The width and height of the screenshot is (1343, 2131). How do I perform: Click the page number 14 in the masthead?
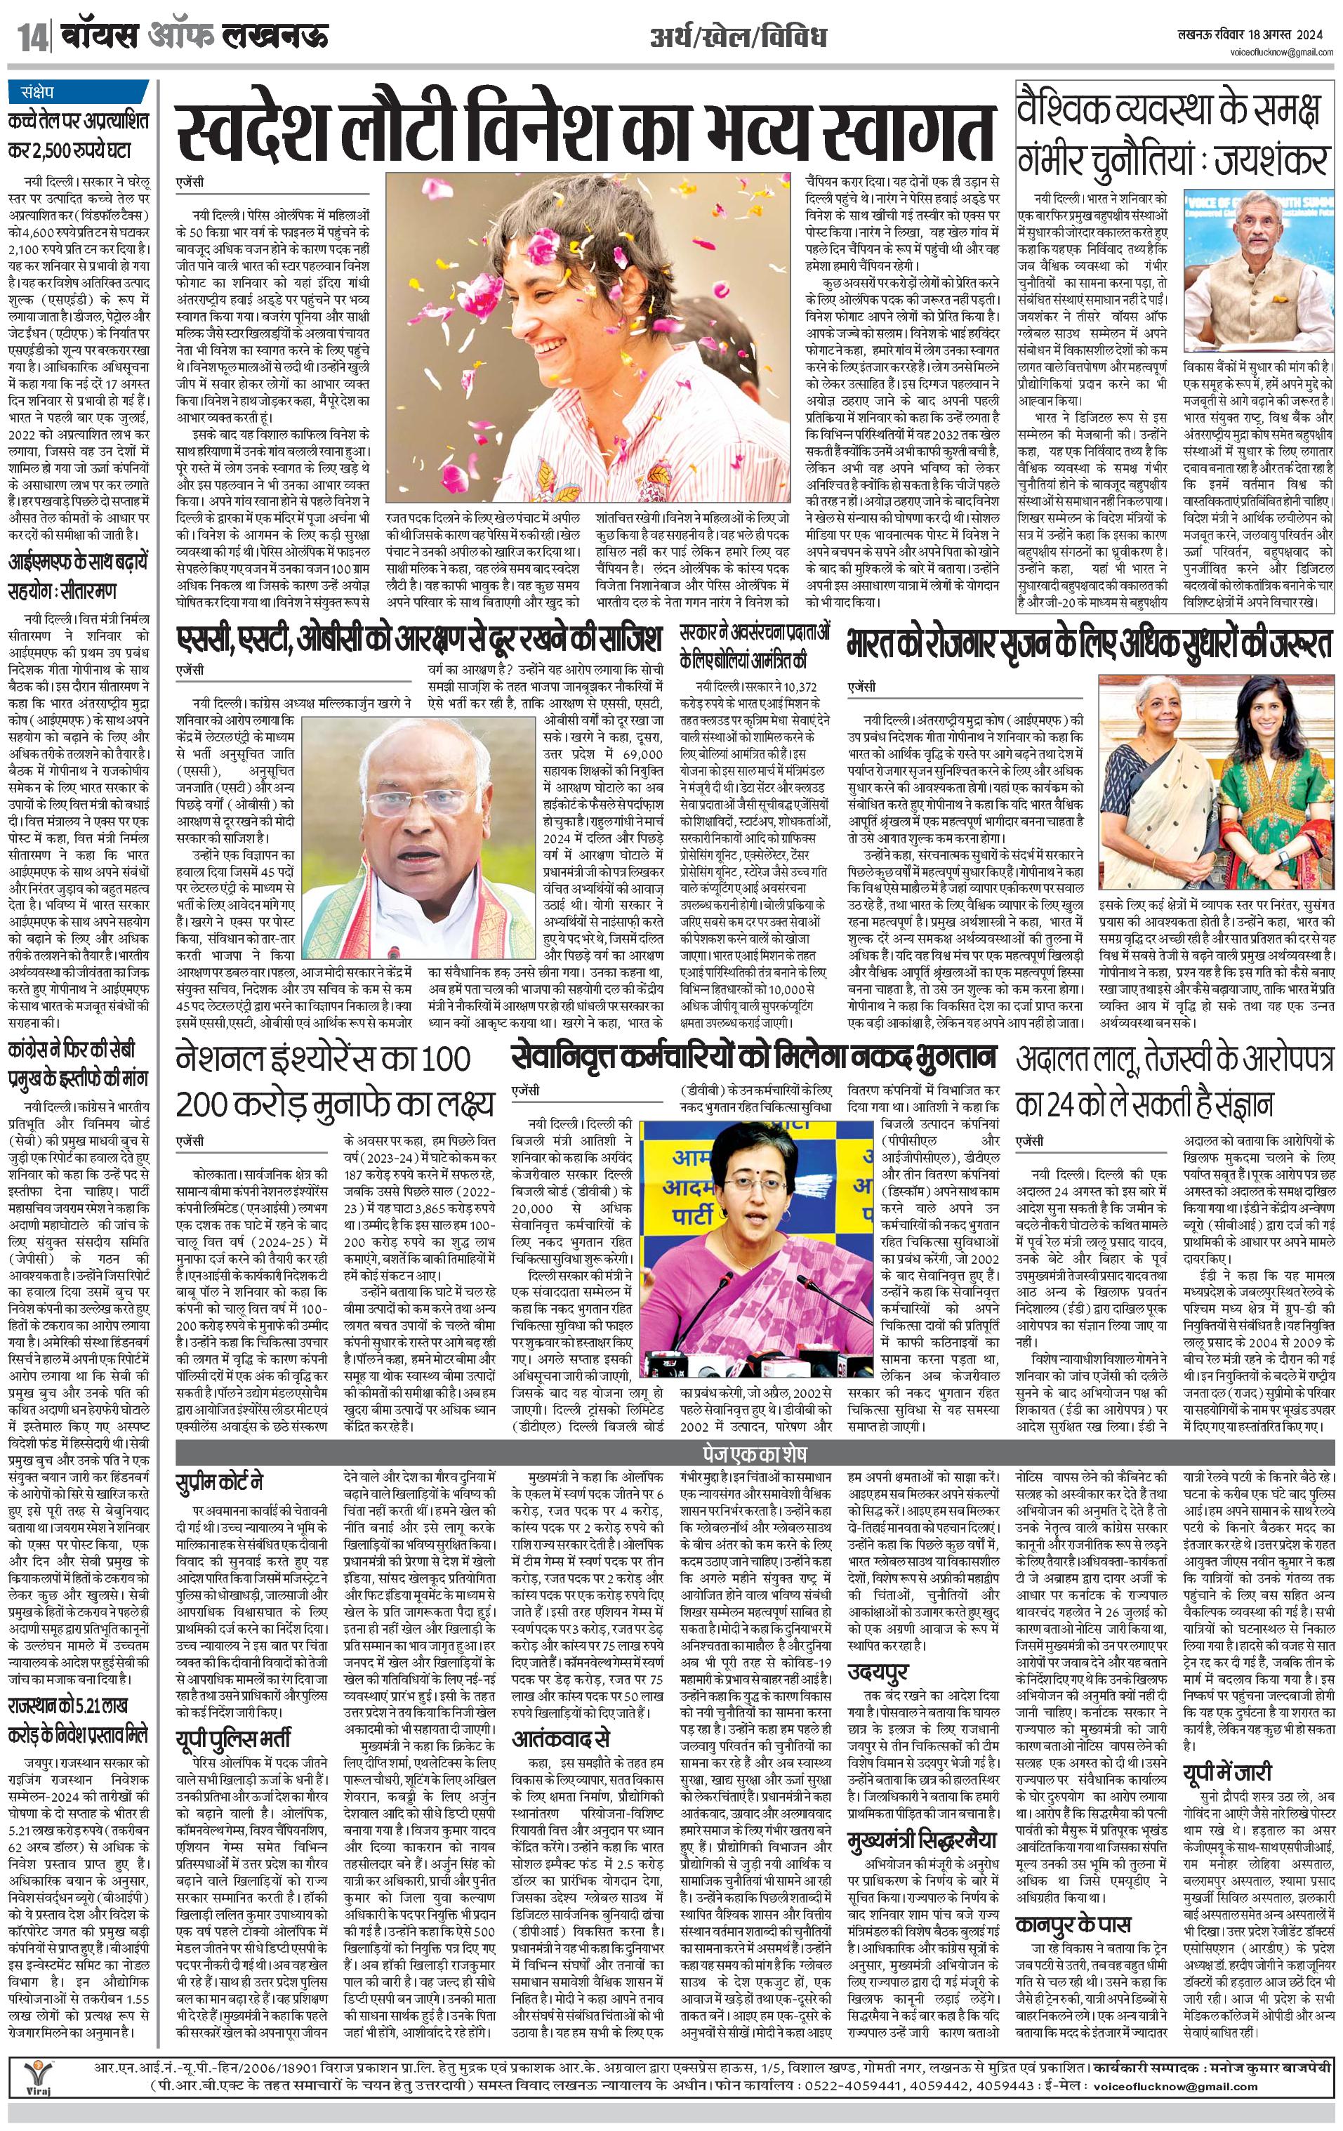coord(33,38)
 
